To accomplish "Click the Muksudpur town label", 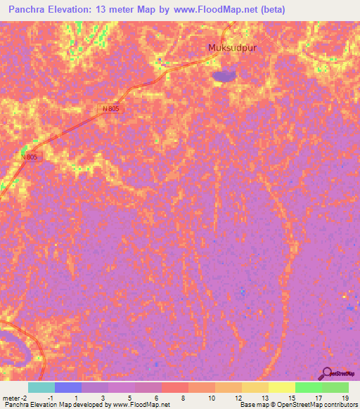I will pyautogui.click(x=229, y=48).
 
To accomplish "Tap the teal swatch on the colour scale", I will pyautogui.click(x=41, y=387).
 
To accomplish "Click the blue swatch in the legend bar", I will pyautogui.click(x=67, y=387).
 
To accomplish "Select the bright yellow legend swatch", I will pyautogui.click(x=281, y=387).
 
